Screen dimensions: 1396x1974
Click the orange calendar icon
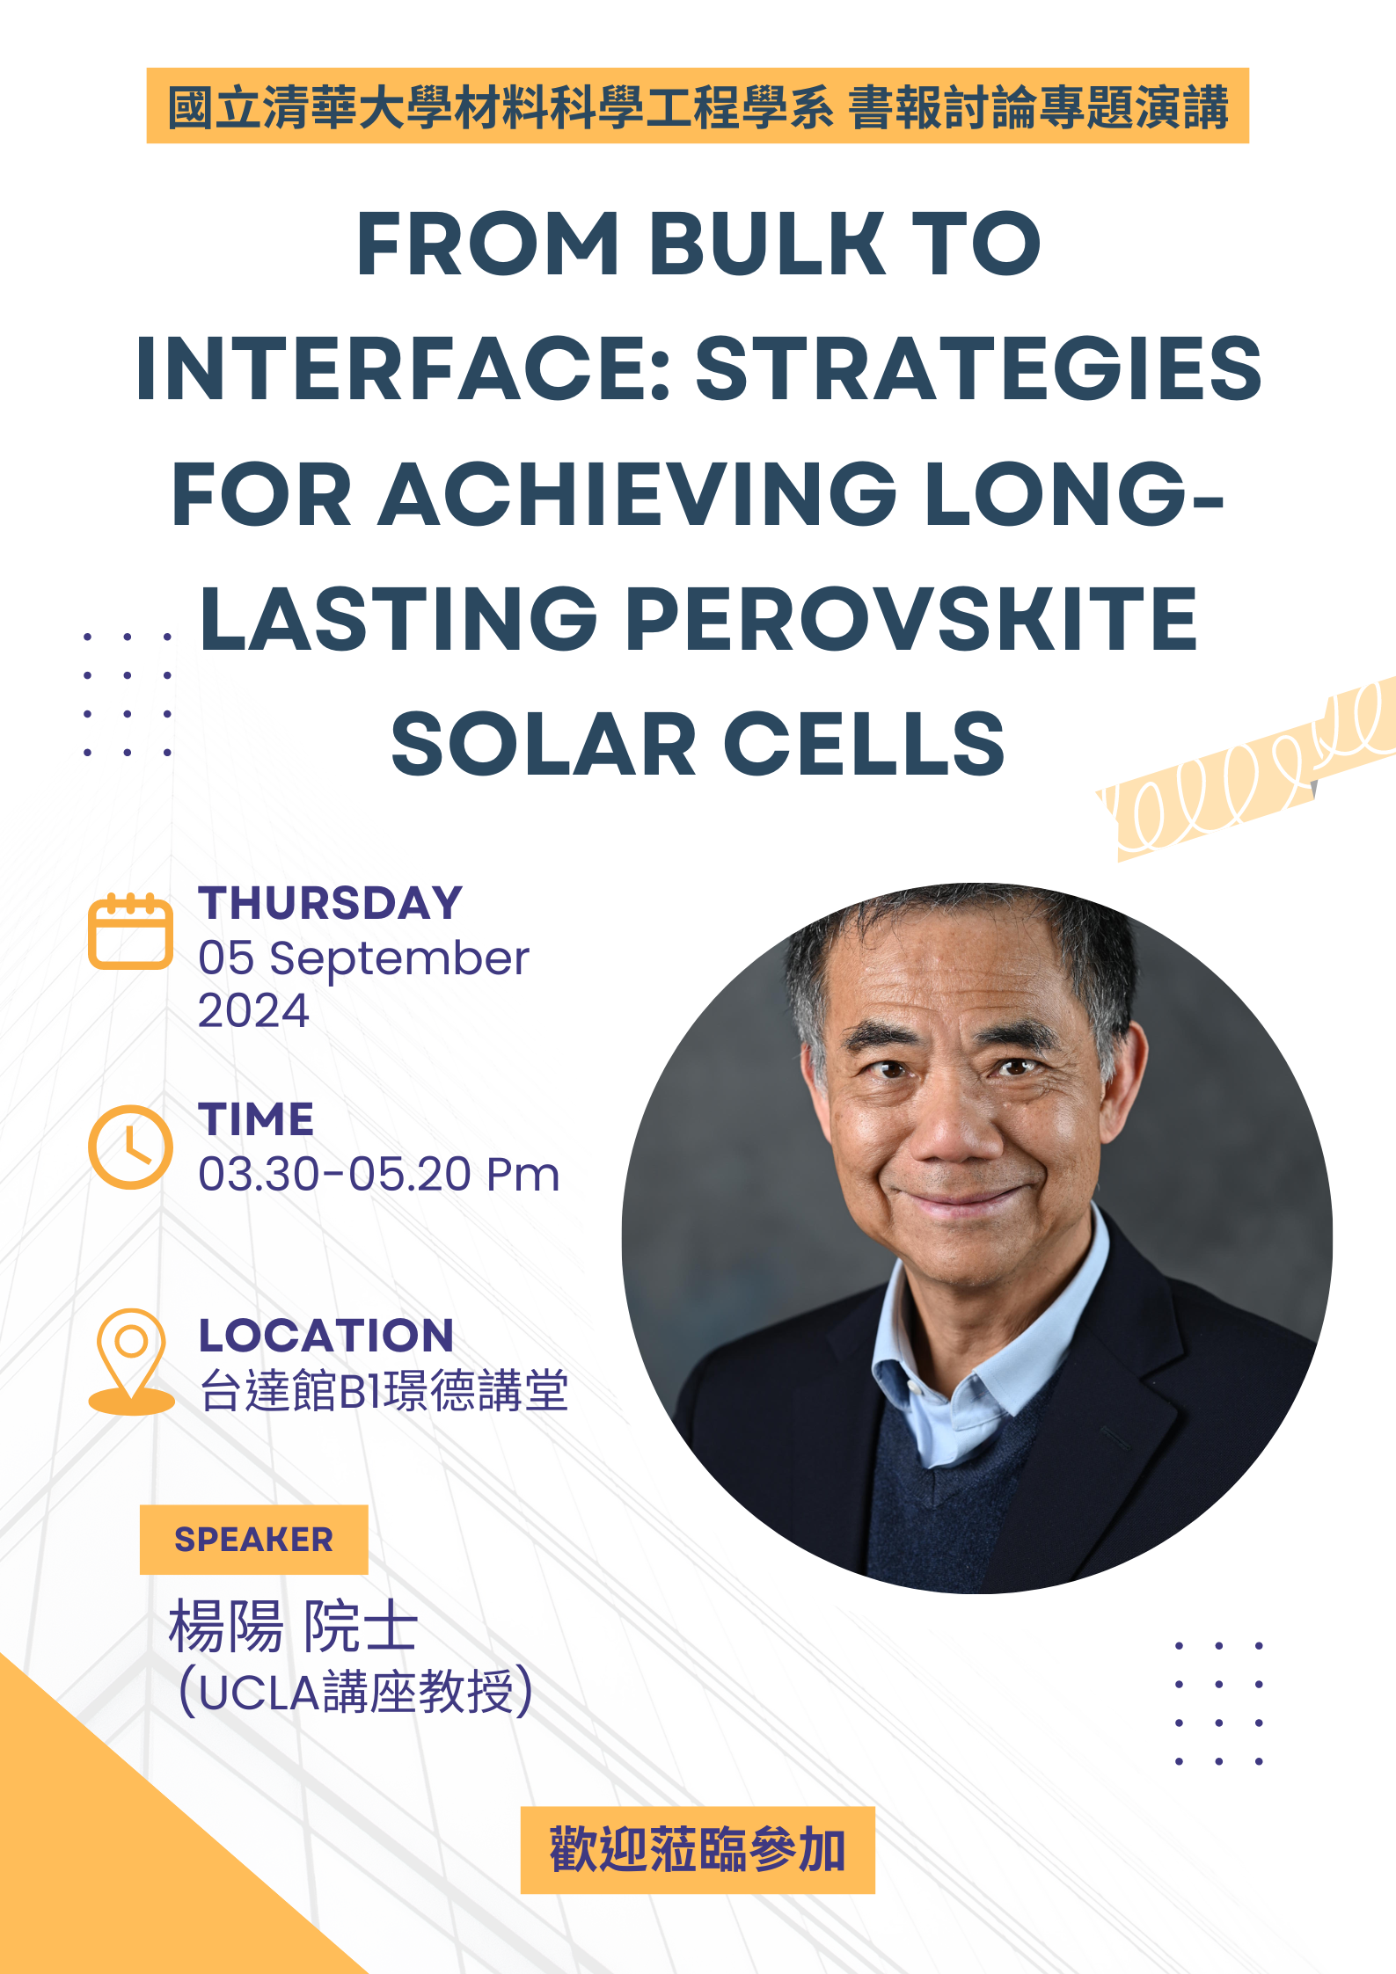coord(130,932)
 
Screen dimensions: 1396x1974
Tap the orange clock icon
coord(130,1147)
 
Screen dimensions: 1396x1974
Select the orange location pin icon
coord(131,1361)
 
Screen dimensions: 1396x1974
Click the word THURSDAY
coord(331,903)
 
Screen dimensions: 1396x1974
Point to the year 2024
coord(253,1010)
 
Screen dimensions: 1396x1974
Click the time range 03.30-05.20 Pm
coord(378,1174)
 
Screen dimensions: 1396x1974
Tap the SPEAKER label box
coord(253,1540)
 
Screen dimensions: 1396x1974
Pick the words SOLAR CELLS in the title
coord(698,744)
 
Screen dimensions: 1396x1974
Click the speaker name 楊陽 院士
coord(293,1627)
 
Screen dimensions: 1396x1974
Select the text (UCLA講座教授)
coord(355,1691)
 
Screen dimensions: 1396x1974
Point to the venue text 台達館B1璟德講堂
coord(384,1390)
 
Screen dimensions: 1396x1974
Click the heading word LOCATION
coord(326,1336)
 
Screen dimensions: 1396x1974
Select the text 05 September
coord(363,958)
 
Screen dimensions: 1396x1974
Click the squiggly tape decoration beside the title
coord(1246,769)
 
